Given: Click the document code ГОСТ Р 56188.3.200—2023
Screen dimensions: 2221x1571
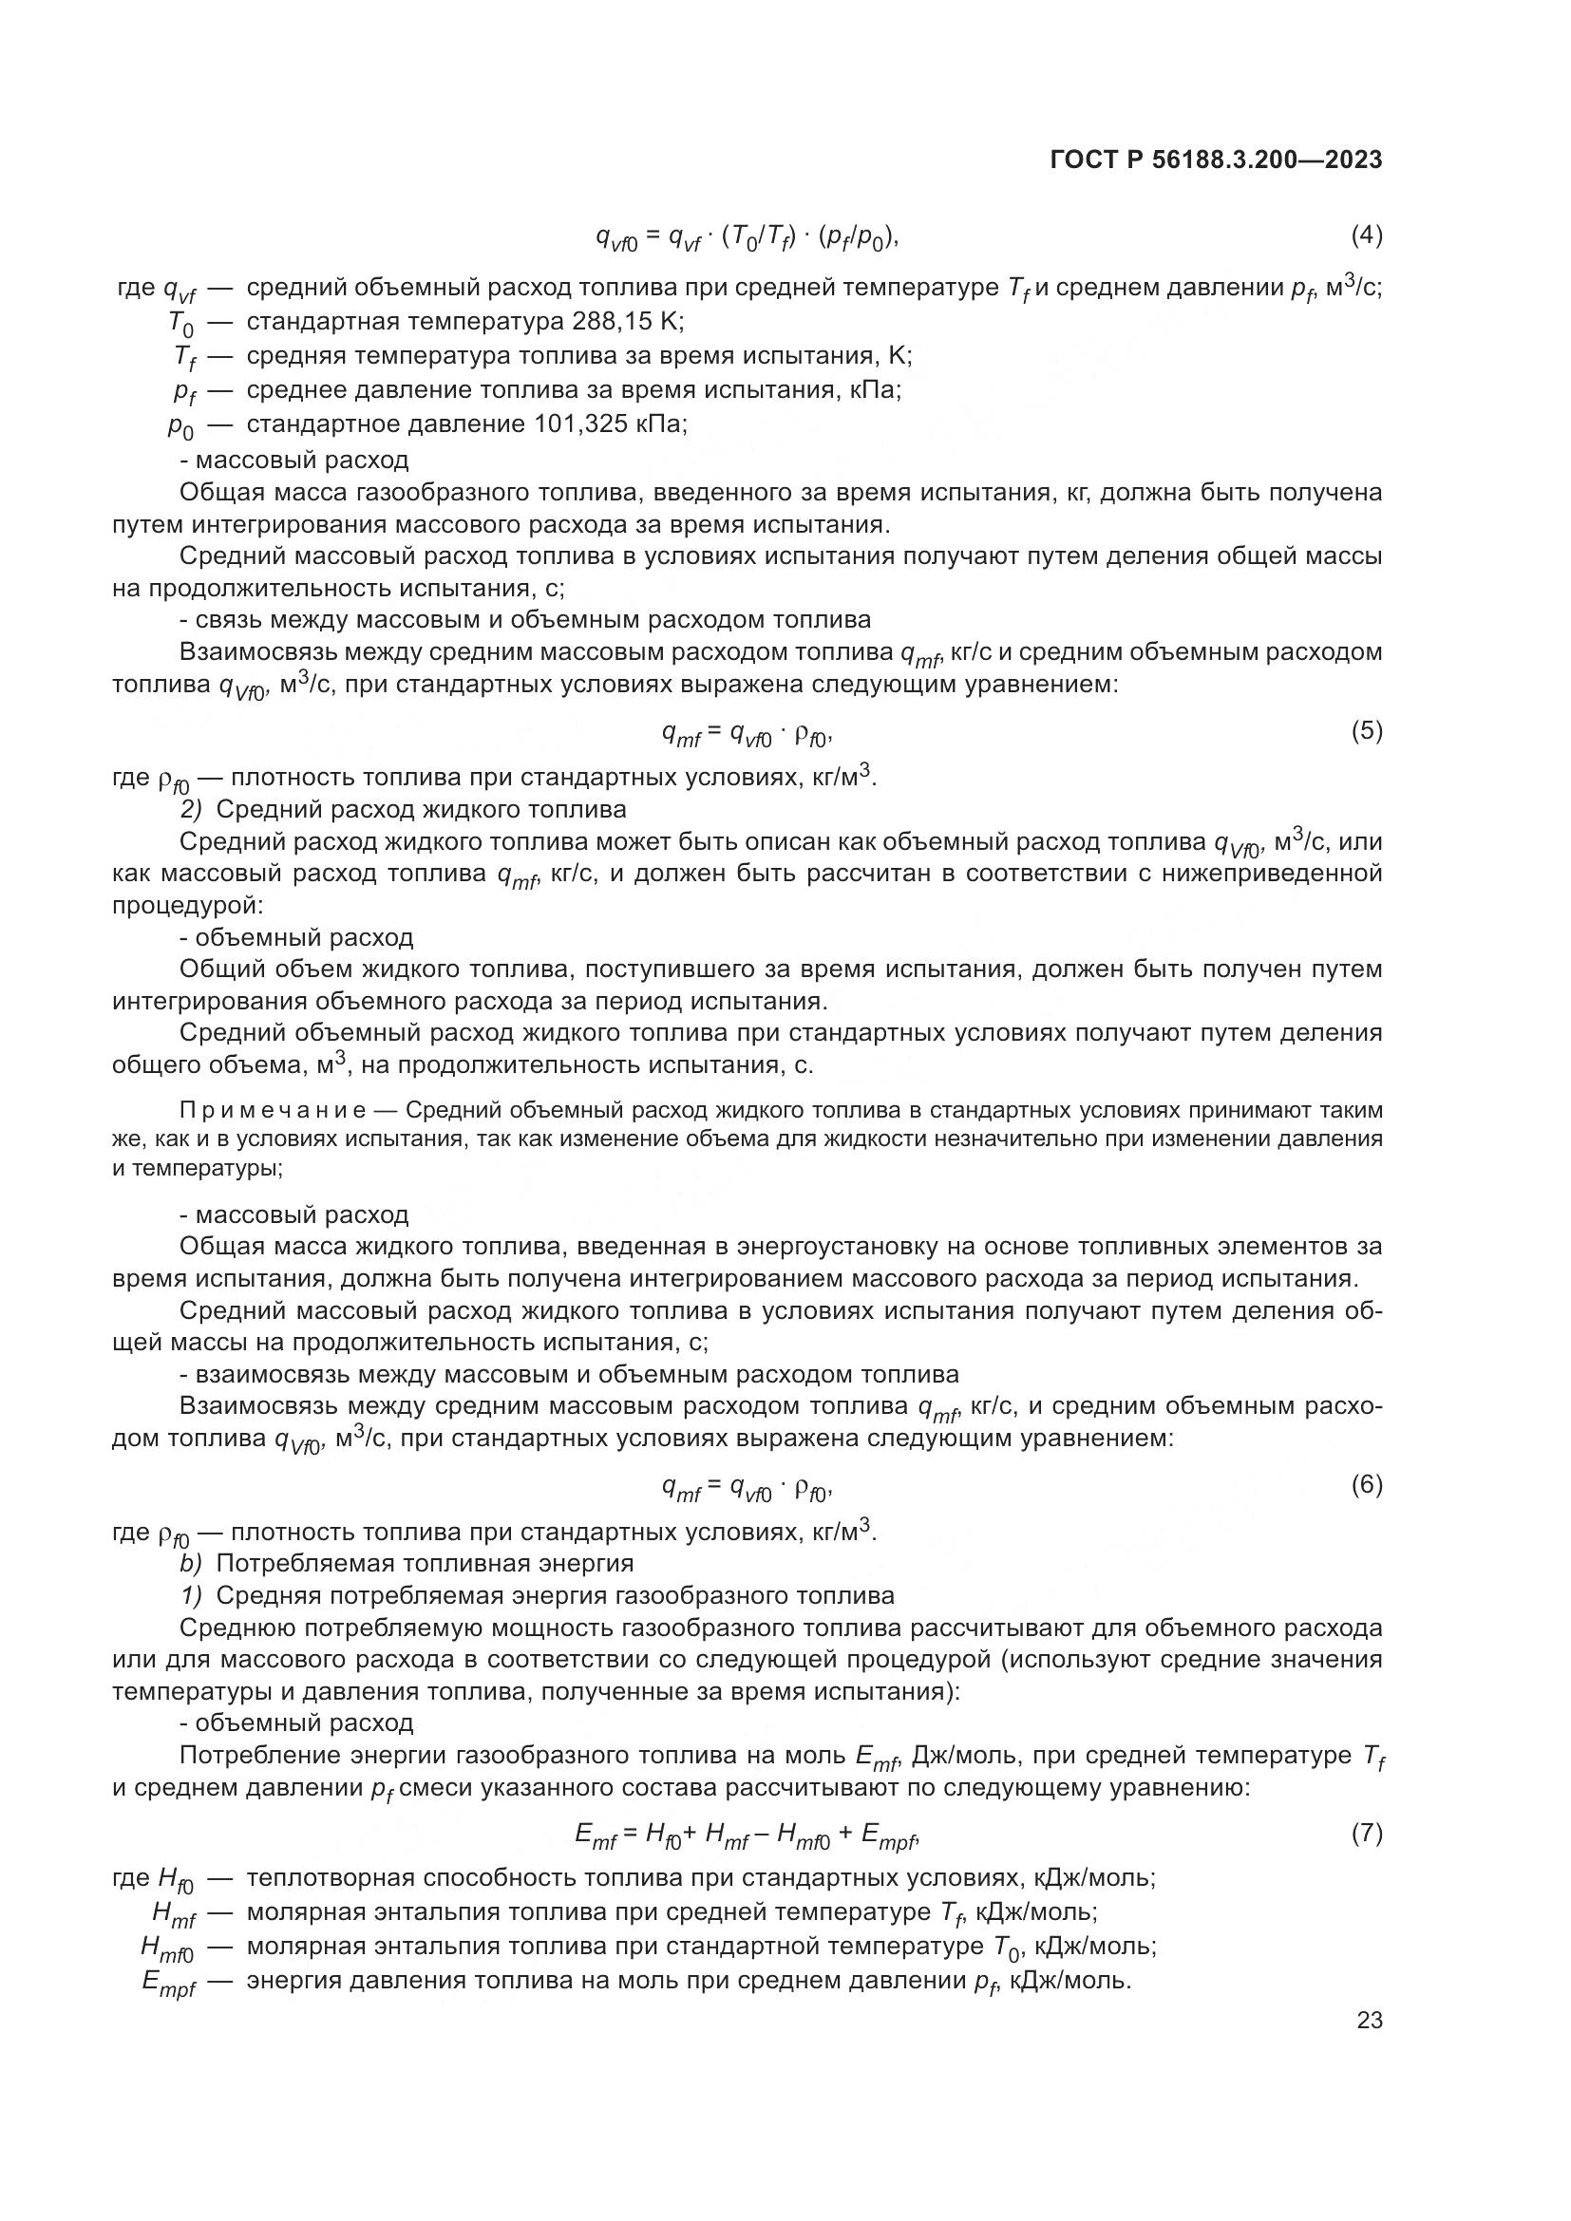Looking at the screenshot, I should click(x=1215, y=160).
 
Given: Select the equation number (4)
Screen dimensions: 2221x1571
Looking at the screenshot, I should click(x=1366, y=235).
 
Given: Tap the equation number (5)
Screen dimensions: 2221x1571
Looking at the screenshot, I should click(x=1366, y=731).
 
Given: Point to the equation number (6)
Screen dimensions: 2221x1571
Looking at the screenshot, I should click(x=1366, y=1484).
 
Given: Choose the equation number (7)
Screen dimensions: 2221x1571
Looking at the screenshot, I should click(x=1366, y=1833).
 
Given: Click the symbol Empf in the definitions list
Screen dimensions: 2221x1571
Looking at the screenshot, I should click(x=168, y=1983).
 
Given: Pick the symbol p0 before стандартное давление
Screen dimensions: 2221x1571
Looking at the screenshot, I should click(x=179, y=426).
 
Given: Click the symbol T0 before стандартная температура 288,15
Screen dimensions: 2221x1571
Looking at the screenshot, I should click(x=180, y=323).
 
